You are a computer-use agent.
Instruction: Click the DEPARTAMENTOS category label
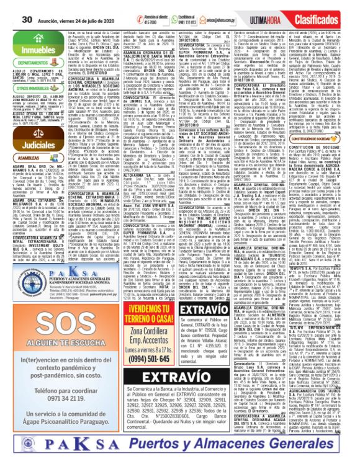pos(28,63)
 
